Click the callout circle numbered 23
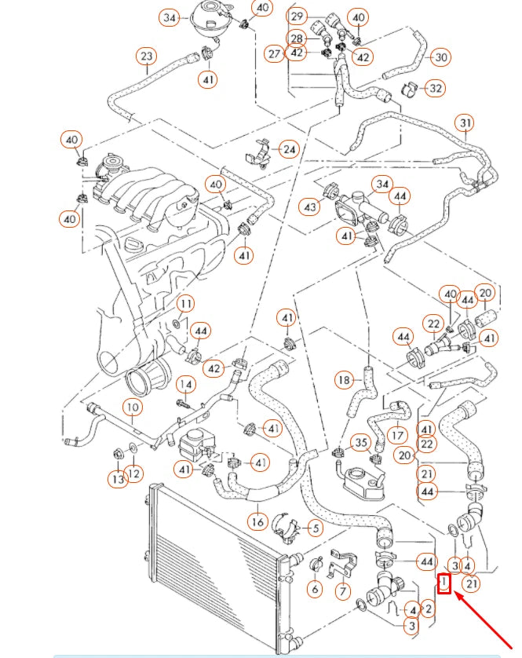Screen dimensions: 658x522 click(x=146, y=57)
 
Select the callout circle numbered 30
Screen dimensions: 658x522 click(x=441, y=57)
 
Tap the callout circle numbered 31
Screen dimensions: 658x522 click(x=465, y=123)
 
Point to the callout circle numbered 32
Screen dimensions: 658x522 click(x=436, y=88)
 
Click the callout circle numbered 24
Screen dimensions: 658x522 click(x=289, y=148)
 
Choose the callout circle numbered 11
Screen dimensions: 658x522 click(x=184, y=303)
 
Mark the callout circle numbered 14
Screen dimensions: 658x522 click(x=184, y=384)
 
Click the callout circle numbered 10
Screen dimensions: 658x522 click(x=132, y=408)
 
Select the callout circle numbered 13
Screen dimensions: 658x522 click(x=118, y=478)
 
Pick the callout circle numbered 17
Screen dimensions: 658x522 click(x=398, y=434)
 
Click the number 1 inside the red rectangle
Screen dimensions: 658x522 click(x=444, y=583)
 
